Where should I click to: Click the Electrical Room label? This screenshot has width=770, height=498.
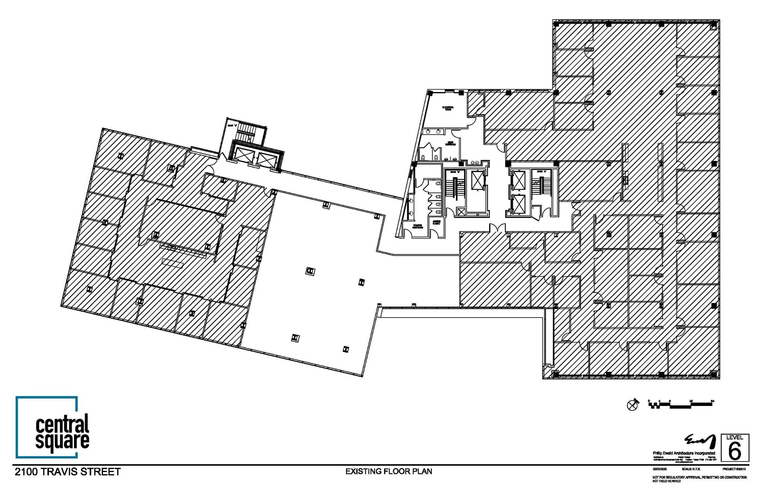(448, 108)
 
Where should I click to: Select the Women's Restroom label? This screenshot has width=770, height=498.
(418, 226)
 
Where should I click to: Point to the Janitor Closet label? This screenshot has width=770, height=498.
(437, 222)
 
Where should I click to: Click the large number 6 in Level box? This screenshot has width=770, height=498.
(734, 451)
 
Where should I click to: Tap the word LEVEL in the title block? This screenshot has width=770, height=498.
(734, 437)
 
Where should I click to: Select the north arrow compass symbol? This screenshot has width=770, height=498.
(633, 405)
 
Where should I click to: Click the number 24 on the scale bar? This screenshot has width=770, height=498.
(712, 401)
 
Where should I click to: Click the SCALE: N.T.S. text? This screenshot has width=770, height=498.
(691, 469)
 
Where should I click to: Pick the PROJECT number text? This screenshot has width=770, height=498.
(734, 469)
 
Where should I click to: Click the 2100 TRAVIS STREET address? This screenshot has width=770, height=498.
(68, 472)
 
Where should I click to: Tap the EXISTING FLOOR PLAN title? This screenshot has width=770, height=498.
(389, 471)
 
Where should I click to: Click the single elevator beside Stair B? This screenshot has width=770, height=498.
(477, 180)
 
